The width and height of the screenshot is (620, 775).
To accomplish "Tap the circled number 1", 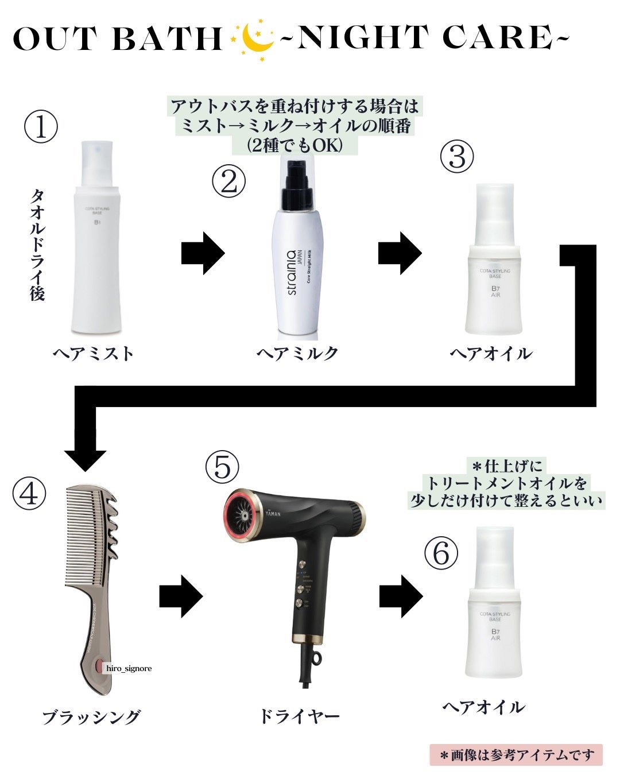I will [x=41, y=127].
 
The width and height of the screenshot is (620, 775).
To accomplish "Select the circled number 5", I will [x=222, y=466].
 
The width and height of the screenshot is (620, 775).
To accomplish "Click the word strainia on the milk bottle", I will [x=292, y=273].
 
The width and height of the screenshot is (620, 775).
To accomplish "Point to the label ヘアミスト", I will [x=94, y=353].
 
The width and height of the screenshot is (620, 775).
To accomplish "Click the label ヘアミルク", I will [x=297, y=353].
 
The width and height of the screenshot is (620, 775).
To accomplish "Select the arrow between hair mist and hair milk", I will [x=202, y=253].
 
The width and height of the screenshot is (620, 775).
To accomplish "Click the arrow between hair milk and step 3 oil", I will [x=400, y=253].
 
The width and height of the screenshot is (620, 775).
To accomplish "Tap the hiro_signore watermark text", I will [x=129, y=668].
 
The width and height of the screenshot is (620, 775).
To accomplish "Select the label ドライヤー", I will [x=299, y=716].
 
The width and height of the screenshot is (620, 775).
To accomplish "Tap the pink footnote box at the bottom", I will [x=516, y=755].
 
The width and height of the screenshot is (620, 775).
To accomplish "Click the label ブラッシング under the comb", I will [x=91, y=717].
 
